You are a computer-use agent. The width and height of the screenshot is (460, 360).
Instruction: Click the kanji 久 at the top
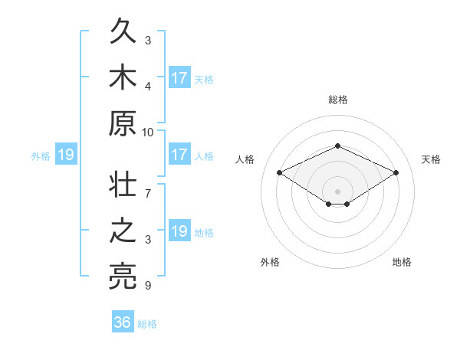pyautogui.click(x=123, y=31)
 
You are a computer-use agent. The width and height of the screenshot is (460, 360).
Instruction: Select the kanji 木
pyautogui.click(x=123, y=77)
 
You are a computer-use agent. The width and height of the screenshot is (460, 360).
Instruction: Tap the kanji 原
pyautogui.click(x=123, y=123)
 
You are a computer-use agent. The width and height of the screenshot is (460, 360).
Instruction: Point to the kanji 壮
pyautogui.click(x=123, y=184)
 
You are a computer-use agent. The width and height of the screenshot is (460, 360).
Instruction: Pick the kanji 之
pyautogui.click(x=123, y=230)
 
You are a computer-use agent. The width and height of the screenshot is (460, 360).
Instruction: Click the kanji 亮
pyautogui.click(x=123, y=277)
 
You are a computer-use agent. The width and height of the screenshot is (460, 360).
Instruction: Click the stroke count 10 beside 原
pyautogui.click(x=147, y=133)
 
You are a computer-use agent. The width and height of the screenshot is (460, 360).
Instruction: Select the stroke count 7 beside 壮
pyautogui.click(x=148, y=194)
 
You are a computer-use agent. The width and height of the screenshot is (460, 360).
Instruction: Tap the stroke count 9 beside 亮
pyautogui.click(x=148, y=285)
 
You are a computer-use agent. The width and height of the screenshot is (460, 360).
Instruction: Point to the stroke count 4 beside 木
pyautogui.click(x=148, y=87)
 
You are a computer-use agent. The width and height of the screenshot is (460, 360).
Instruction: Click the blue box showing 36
pyautogui.click(x=123, y=321)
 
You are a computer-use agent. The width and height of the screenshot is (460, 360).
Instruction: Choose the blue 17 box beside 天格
pyautogui.click(x=180, y=77)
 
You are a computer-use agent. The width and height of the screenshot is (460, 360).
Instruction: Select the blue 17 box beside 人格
pyautogui.click(x=180, y=154)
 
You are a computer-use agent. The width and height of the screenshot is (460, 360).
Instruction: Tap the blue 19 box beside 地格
pyautogui.click(x=180, y=230)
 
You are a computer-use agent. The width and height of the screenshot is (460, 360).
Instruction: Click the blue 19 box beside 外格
pyautogui.click(x=66, y=154)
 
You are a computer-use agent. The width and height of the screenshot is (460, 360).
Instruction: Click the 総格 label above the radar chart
pyautogui.click(x=338, y=100)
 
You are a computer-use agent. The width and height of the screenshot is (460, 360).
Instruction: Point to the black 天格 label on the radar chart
pyautogui.click(x=431, y=160)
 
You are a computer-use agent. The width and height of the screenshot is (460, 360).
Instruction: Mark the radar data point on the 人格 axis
pyautogui.click(x=280, y=172)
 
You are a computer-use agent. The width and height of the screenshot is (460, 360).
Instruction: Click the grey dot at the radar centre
pyautogui.click(x=337, y=191)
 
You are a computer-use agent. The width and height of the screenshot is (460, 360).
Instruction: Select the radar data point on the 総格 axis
pyautogui.click(x=337, y=146)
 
